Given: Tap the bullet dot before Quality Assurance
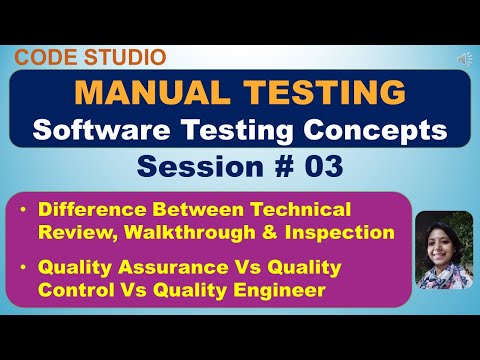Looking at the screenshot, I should click(x=23, y=268).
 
